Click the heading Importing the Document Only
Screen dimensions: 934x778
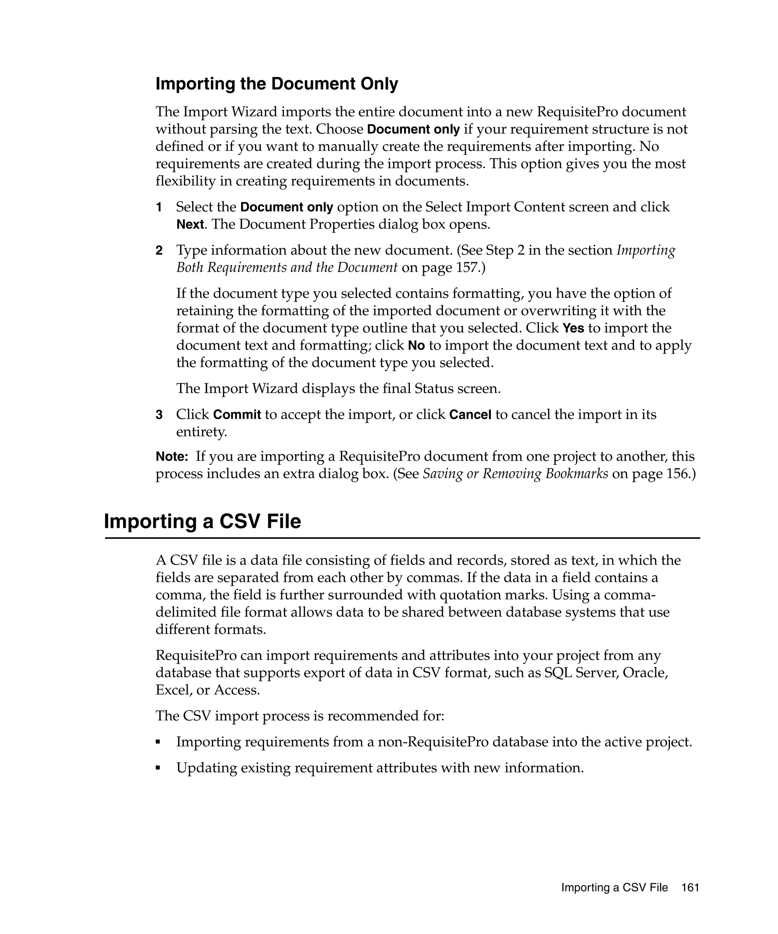(277, 84)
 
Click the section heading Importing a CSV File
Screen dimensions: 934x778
(202, 521)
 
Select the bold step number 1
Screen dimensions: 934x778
(159, 207)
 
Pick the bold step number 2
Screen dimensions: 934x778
(159, 250)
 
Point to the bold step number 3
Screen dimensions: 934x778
(159, 415)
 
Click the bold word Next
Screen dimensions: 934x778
(190, 225)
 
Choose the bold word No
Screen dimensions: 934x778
(416, 345)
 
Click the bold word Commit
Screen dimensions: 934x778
(237, 415)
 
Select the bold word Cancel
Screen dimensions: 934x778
(470, 415)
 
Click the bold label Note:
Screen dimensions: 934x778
(172, 456)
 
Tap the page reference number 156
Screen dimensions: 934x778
(678, 474)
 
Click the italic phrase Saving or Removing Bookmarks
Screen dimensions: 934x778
(515, 474)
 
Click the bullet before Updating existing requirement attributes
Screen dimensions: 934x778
(158, 768)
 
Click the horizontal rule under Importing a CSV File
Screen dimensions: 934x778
(402, 538)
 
